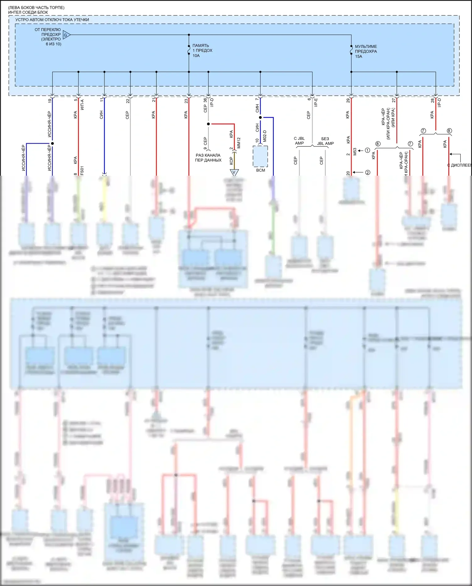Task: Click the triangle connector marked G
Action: pyautogui.click(x=66, y=35)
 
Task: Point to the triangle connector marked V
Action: pyautogui.click(x=234, y=172)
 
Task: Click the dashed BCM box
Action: pyautogui.click(x=261, y=156)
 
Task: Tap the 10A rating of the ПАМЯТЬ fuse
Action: pyautogui.click(x=196, y=56)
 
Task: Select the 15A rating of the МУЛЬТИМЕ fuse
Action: pyautogui.click(x=359, y=57)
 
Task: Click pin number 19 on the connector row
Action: pyautogui.click(x=50, y=101)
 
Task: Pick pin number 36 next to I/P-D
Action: pyautogui.click(x=205, y=100)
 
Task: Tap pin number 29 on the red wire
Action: pyautogui.click(x=348, y=101)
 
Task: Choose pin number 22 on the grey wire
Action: pyautogui.click(x=127, y=101)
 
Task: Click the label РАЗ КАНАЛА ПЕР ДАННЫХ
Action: pyautogui.click(x=208, y=158)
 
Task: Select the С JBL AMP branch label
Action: pyautogui.click(x=299, y=141)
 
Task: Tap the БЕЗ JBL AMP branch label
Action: pyautogui.click(x=325, y=141)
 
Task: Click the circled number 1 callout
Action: pyautogui.click(x=367, y=151)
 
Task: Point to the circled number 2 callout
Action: pyautogui.click(x=368, y=173)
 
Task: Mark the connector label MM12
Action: pyautogui.click(x=239, y=143)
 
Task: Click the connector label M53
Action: pyautogui.click(x=355, y=152)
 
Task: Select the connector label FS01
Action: pyautogui.click(x=82, y=170)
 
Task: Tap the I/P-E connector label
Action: pyautogui.click(x=316, y=102)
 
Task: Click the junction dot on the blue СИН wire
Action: pyautogui.click(x=260, y=117)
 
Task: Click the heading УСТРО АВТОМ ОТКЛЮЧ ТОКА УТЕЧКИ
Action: pyautogui.click(x=52, y=20)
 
